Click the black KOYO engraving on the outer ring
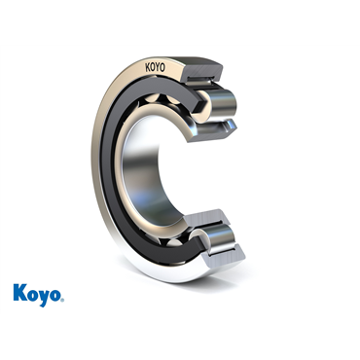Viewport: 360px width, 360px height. (155, 67)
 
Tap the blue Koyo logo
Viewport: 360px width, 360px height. (39, 295)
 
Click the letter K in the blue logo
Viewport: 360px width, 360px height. (19, 292)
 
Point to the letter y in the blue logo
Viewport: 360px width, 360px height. (44, 298)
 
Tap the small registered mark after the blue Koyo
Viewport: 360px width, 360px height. (62, 300)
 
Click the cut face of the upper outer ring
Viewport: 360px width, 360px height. (203, 70)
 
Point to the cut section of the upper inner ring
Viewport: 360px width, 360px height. (213, 129)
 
